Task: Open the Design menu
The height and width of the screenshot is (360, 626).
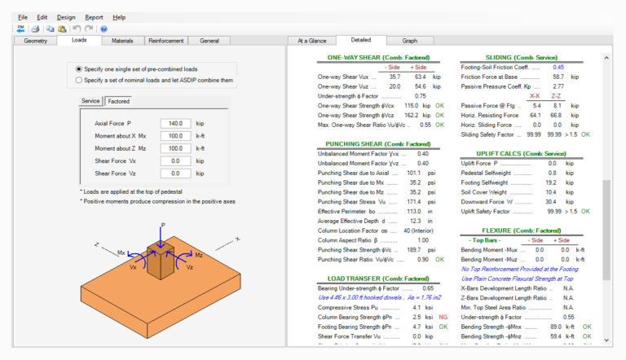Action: (x=66, y=16)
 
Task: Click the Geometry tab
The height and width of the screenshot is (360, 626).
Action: (x=35, y=40)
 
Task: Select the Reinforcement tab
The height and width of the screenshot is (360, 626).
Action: (x=165, y=40)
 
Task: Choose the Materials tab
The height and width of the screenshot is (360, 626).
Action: (x=122, y=40)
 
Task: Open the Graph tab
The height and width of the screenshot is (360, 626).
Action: (x=409, y=40)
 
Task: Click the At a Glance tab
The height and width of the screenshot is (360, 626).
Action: (x=311, y=40)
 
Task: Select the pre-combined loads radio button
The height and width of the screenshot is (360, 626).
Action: (x=78, y=69)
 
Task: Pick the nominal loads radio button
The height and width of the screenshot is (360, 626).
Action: (x=78, y=80)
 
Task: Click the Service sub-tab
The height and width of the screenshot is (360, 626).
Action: (x=90, y=101)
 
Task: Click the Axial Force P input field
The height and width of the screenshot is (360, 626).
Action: (x=176, y=123)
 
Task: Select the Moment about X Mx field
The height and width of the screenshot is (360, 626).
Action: (x=176, y=136)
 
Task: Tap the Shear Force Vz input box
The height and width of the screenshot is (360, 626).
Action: (x=176, y=173)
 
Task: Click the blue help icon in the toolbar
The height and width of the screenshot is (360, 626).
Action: (x=104, y=29)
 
